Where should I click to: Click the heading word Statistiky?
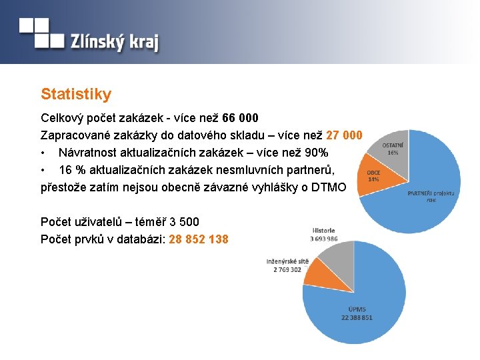pyautogui.click(x=76, y=95)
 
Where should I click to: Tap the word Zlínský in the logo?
pyautogui.click(x=97, y=43)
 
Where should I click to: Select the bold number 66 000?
pyautogui.click(x=238, y=118)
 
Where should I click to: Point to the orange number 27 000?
pyautogui.click(x=344, y=135)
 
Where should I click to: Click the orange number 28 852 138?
pyautogui.click(x=199, y=239)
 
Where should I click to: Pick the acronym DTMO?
pyautogui.click(x=329, y=187)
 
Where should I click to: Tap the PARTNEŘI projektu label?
pyautogui.click(x=431, y=193)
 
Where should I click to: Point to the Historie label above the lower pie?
pyautogui.click(x=323, y=231)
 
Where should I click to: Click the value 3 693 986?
pyautogui.click(x=323, y=239)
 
